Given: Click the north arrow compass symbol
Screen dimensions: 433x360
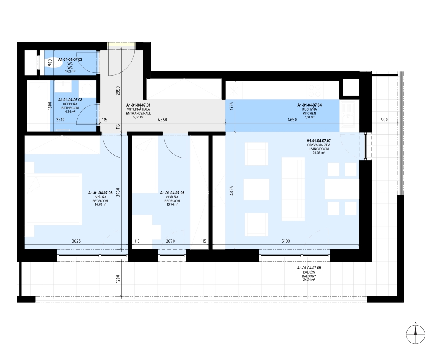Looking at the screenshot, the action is (415, 334).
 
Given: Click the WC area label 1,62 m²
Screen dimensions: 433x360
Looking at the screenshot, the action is (70, 71).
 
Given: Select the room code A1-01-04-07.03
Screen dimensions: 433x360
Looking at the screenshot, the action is (70, 100).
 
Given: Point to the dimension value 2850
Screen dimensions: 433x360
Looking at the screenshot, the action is (118, 91).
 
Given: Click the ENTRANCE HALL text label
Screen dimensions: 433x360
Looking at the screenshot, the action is (139, 113).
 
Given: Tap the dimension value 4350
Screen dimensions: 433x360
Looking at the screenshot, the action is (162, 120).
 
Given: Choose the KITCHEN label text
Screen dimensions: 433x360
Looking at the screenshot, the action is (309, 113).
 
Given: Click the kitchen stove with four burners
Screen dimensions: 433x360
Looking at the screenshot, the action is (315, 90).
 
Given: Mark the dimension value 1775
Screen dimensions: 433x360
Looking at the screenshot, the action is (232, 106).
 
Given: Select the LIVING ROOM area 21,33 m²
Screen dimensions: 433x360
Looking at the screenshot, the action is (318, 152).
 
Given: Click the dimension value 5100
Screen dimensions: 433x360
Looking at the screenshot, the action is (286, 241).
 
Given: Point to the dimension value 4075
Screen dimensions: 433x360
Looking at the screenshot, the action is (232, 191).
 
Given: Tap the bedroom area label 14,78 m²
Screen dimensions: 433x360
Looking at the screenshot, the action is (100, 205).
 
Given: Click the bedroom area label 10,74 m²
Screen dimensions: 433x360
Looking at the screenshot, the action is (172, 205).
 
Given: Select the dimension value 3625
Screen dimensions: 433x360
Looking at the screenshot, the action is (76, 241).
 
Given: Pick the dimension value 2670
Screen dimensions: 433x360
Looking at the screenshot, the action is (170, 241).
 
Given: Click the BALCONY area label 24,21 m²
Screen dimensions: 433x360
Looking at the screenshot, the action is (309, 280).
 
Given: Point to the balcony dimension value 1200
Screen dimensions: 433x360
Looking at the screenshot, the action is (118, 278).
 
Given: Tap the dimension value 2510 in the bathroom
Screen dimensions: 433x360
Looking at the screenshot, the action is (60, 120).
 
